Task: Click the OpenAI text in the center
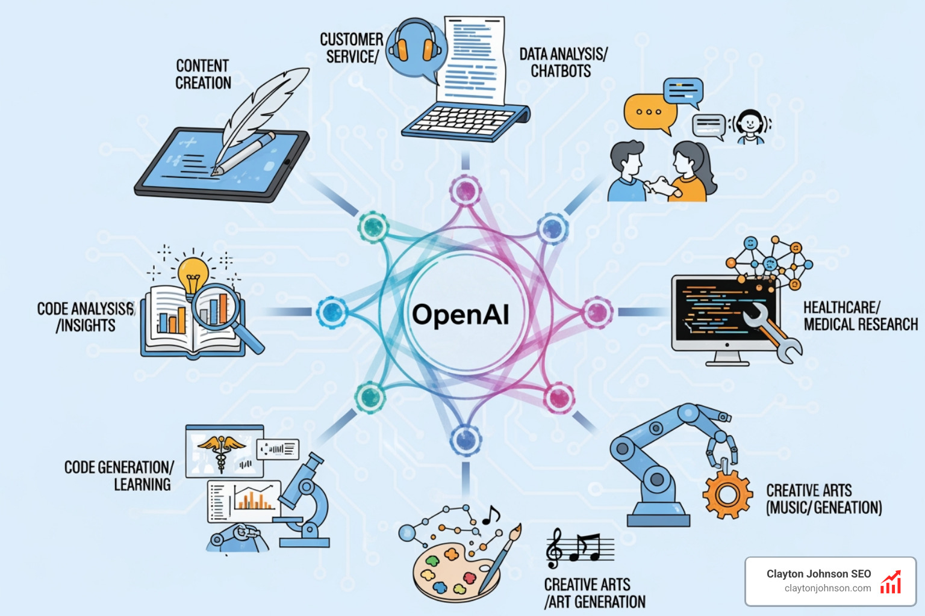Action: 461,314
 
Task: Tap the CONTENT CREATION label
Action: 203,74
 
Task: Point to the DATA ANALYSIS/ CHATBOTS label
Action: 562,63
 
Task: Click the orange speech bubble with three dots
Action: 649,112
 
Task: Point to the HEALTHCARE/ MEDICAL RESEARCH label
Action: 860,316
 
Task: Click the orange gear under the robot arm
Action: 727,494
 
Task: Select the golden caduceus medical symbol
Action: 221,450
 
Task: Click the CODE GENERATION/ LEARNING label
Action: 119,476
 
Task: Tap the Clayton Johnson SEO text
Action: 818,574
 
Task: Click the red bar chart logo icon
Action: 891,583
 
